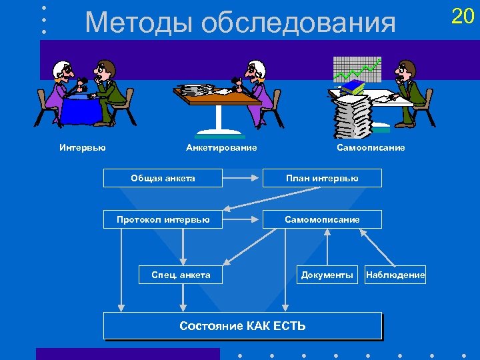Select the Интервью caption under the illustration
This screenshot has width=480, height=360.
point(82,147)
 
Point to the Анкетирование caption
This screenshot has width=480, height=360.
point(221,147)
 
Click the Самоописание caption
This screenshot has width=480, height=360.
point(371,147)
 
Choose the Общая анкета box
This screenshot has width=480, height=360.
point(163,178)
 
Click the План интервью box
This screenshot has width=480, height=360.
point(323,178)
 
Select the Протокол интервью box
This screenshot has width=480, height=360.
point(163,219)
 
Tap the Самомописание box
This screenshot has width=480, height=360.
point(323,219)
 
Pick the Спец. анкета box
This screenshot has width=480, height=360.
point(181,275)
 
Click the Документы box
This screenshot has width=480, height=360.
point(327,275)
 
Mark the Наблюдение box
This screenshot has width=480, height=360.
point(395,275)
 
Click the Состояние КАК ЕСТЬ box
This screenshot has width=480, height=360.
point(243,326)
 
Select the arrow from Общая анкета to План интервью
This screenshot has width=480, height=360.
point(241,178)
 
